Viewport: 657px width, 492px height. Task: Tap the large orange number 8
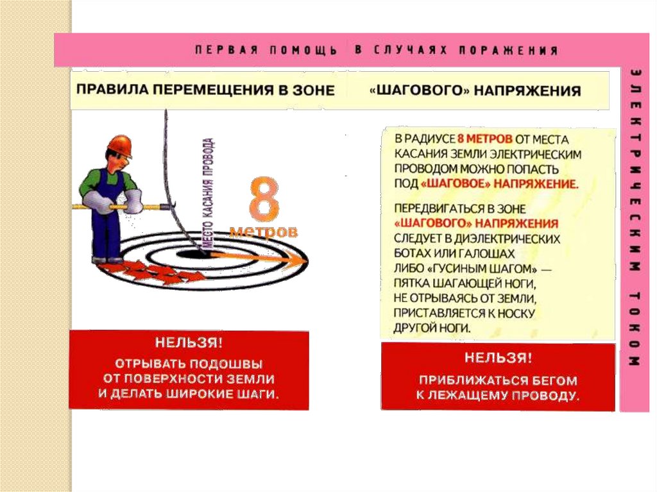coord(264,199)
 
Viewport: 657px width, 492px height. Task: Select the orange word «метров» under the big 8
coord(264,231)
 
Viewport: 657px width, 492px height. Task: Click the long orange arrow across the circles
coord(258,257)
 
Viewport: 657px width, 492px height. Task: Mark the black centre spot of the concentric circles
coord(191,254)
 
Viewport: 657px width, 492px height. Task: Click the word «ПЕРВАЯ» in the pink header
coord(226,50)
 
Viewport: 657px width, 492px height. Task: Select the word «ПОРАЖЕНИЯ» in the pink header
coord(508,50)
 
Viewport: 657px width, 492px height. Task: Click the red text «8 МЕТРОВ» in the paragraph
coord(485,139)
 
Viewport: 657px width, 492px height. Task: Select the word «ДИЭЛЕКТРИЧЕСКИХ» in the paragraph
coord(507,239)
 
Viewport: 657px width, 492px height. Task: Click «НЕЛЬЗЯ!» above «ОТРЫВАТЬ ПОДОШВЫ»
coord(189,343)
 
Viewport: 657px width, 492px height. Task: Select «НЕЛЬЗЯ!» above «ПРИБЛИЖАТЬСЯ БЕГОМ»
coord(498,358)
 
